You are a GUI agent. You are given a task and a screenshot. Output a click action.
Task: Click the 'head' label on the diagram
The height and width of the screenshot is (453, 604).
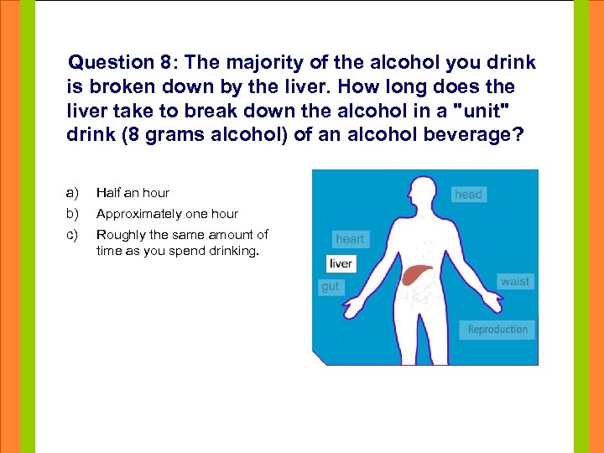[468, 195]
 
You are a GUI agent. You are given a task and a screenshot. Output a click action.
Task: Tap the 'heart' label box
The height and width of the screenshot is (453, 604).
[350, 239]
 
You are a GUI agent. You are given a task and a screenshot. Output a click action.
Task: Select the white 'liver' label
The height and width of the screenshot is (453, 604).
[341, 263]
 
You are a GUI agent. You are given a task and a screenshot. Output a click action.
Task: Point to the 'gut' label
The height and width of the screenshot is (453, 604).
[331, 287]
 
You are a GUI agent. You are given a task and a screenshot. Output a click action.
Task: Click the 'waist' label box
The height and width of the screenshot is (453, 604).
[515, 282]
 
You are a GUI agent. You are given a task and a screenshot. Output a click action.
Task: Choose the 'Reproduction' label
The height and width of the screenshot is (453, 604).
[497, 329]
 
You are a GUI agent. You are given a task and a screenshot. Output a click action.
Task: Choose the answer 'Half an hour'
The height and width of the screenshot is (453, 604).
[133, 193]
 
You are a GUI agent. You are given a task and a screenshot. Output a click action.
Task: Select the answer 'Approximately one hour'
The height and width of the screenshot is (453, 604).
[167, 214]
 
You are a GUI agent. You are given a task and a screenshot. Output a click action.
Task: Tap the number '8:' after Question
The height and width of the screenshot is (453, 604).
[168, 63]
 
